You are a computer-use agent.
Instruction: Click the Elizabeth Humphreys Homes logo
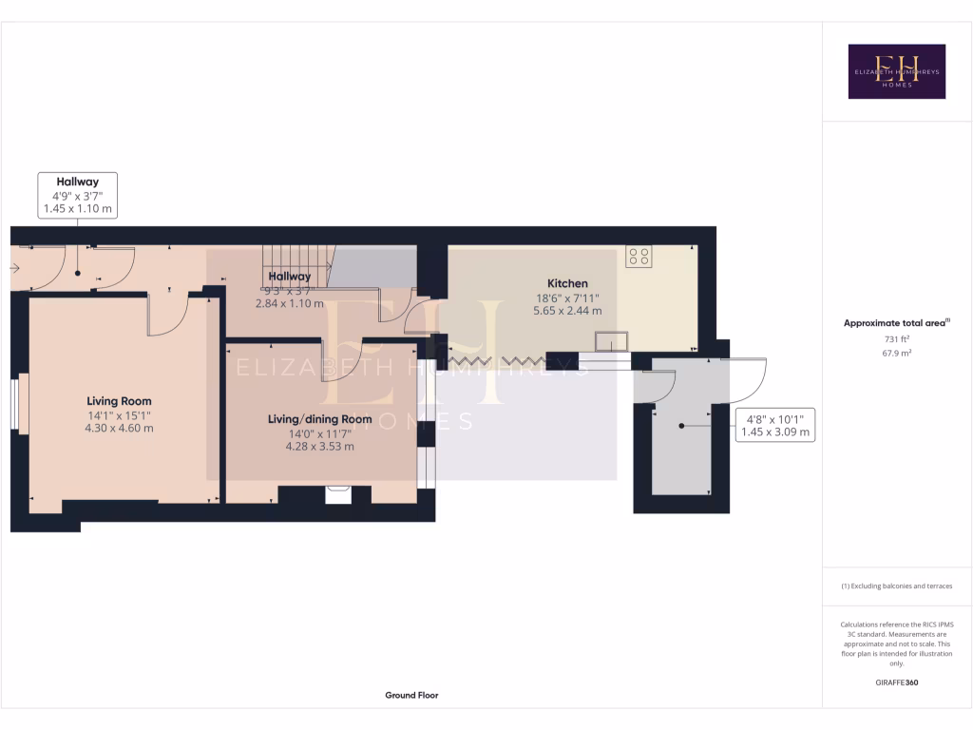(x=896, y=71)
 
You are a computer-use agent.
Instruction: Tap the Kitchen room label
(x=567, y=283)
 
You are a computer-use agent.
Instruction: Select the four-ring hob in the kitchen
(x=639, y=256)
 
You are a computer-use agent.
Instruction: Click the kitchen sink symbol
(x=611, y=340)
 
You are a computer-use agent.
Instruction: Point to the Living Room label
(x=119, y=401)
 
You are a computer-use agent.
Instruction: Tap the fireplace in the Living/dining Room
(x=337, y=494)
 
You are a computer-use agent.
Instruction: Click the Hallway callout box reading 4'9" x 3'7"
(x=78, y=195)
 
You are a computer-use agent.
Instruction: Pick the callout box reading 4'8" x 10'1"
(x=775, y=424)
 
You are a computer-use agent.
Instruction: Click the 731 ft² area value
(x=896, y=338)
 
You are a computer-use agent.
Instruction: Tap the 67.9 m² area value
(x=896, y=353)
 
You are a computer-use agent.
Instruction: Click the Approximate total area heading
(x=896, y=323)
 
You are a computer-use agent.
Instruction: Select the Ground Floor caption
(x=411, y=695)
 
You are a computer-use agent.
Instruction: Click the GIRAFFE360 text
(x=896, y=682)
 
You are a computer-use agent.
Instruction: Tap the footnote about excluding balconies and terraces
(x=896, y=586)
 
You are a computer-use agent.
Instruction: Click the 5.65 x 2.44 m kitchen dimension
(x=567, y=310)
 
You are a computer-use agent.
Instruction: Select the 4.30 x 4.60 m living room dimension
(x=119, y=428)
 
